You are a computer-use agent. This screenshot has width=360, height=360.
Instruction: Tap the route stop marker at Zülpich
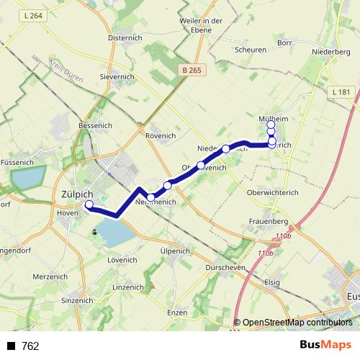(x=89, y=204)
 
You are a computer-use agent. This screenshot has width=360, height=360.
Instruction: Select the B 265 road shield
(x=192, y=70)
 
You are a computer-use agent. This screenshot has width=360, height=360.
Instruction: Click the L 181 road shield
(x=341, y=92)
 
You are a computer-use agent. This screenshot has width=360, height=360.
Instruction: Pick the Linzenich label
(x=129, y=287)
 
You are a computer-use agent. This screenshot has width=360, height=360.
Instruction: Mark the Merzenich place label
(x=50, y=277)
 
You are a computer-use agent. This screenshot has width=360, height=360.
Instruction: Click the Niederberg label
(x=331, y=52)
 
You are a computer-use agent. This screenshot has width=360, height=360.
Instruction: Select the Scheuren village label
(x=251, y=50)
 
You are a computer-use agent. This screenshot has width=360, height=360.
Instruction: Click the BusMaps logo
(x=325, y=346)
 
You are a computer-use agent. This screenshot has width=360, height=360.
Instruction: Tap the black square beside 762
(x=12, y=346)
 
